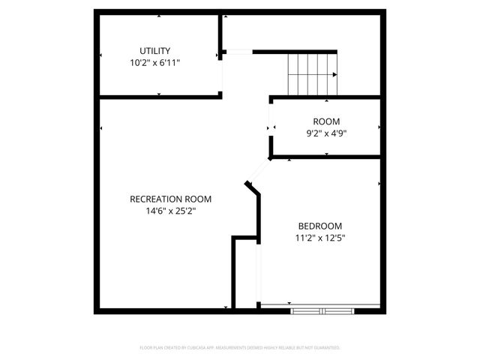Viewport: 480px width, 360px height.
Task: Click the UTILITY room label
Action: [154, 51]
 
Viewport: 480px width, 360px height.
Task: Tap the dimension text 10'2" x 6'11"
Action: [154, 63]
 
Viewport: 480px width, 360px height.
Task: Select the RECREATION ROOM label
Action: [170, 199]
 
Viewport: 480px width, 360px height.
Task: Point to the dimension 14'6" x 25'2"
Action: [170, 211]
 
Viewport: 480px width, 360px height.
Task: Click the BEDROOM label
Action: [320, 226]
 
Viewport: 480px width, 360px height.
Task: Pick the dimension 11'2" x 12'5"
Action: [320, 238]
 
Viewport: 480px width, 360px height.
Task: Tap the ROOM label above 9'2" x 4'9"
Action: [326, 121]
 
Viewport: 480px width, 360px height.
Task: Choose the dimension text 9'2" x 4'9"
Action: [326, 133]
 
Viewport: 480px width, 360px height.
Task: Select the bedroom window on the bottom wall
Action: [320, 309]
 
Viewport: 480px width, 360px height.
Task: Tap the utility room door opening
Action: [220, 74]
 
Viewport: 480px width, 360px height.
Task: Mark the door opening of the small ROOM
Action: [271, 128]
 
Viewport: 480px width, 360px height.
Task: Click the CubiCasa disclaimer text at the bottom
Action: [240, 348]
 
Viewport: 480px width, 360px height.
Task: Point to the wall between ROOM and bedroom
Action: [326, 157]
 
